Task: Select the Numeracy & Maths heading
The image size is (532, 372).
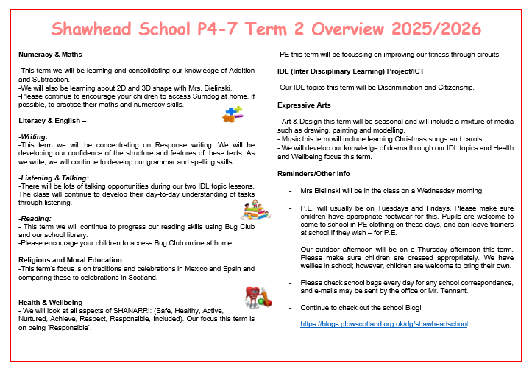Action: [x=54, y=55]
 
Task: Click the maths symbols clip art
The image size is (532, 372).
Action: [x=233, y=113]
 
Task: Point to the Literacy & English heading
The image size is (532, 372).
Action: [x=52, y=120]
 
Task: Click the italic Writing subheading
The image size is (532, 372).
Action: [x=32, y=136]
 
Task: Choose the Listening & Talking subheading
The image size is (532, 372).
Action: [x=53, y=178]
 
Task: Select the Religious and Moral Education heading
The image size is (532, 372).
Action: [x=71, y=260]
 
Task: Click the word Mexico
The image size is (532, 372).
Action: [x=194, y=269]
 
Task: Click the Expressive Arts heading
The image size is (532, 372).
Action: [x=303, y=105]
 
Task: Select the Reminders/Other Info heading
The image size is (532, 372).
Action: [x=313, y=173]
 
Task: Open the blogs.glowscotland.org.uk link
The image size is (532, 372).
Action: [x=384, y=323]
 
